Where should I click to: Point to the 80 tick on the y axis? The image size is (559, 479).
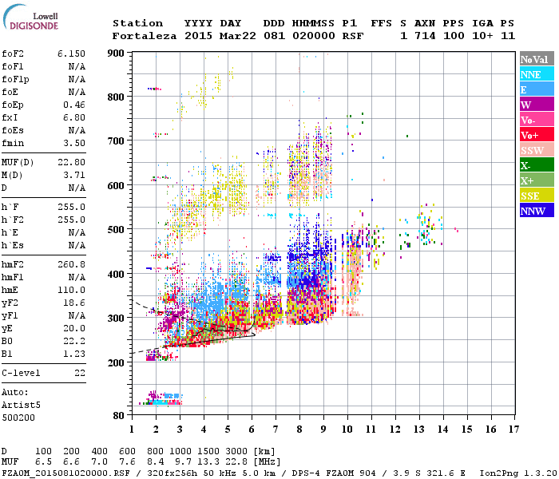click(x=121, y=415)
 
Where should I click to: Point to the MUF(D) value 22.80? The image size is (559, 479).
click(x=71, y=162)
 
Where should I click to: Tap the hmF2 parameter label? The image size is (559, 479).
click(x=14, y=263)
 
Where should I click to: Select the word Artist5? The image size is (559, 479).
click(x=21, y=405)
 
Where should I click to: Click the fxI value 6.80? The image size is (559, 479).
click(x=74, y=116)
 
